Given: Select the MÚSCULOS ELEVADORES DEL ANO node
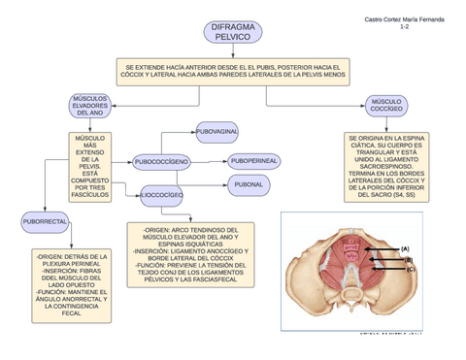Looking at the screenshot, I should tap(95, 107).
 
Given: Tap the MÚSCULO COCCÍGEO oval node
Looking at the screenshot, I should tap(386, 106).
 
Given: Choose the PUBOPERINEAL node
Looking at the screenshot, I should tap(253, 160).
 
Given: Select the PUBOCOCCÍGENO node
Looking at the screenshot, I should tap(161, 161).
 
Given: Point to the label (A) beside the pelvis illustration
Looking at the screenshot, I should tap(406, 249).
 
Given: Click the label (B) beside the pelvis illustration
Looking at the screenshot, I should tap(409, 260).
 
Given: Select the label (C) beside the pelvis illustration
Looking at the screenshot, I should tap(411, 269).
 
